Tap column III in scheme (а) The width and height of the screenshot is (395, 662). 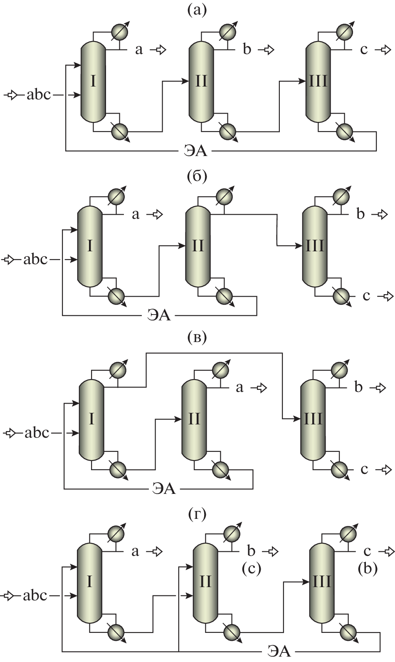(x=318, y=82)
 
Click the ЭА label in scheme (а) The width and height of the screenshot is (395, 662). (x=195, y=150)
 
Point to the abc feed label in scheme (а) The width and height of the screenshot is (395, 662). (x=39, y=95)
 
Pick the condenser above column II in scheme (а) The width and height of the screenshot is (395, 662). (x=227, y=32)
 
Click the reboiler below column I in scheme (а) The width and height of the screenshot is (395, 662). (x=120, y=131)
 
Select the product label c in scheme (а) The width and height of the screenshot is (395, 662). (x=364, y=50)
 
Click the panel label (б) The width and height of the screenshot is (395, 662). (x=197, y=176)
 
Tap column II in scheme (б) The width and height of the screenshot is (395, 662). (x=197, y=246)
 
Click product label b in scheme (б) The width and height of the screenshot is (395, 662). (x=360, y=214)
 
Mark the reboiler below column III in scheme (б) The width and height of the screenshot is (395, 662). (x=341, y=296)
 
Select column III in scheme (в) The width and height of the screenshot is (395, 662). (x=312, y=419)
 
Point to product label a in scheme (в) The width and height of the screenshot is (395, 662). (x=239, y=387)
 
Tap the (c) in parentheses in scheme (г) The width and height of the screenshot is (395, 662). (x=251, y=568)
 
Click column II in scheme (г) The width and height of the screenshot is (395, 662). (x=205, y=581)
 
